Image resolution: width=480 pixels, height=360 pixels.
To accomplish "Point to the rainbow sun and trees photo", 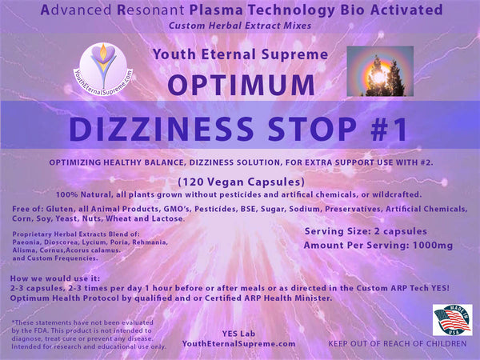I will tap(380, 70).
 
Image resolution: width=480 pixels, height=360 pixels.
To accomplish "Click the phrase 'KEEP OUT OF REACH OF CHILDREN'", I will tap(397, 344).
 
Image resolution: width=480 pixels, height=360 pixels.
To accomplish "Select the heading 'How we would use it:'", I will tap(51, 279).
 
